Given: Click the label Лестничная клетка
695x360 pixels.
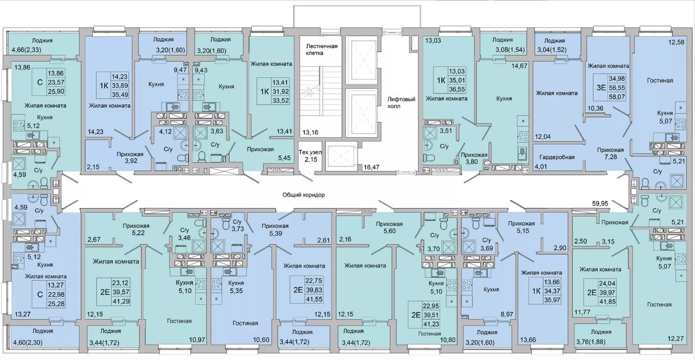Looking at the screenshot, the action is tap(321, 49).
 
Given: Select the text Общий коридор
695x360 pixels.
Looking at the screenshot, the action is tap(304, 195).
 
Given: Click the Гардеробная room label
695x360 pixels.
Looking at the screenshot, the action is tap(557, 157).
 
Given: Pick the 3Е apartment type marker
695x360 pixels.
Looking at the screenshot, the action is tap(601, 88).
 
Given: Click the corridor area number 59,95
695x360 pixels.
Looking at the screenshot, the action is tap(600, 204).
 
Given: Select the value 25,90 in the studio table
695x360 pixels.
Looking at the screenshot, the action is tap(56, 91).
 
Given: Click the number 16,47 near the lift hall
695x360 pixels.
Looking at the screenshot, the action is tap(371, 167).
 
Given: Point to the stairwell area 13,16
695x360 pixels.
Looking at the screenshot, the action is tap(310, 133).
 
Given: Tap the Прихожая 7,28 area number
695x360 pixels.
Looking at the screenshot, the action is tap(610, 157).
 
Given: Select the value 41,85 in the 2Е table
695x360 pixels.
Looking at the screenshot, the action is tap(607, 302).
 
